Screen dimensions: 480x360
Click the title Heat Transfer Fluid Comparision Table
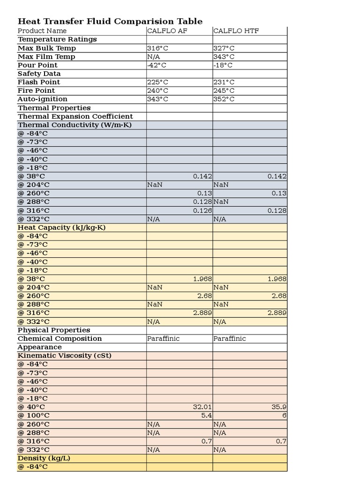click(x=110, y=21)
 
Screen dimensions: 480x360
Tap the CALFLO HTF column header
click(x=236, y=31)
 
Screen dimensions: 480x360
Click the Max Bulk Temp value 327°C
click(x=224, y=48)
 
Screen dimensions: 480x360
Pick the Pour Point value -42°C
click(x=157, y=65)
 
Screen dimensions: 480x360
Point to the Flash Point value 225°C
click(x=157, y=82)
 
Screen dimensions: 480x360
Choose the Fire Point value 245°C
click(x=224, y=90)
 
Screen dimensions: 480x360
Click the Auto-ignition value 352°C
click(x=224, y=99)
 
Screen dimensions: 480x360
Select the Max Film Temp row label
click(x=46, y=57)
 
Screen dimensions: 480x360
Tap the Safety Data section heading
click(x=39, y=74)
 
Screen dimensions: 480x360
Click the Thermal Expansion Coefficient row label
click(x=75, y=116)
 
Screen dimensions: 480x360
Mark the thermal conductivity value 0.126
click(x=202, y=210)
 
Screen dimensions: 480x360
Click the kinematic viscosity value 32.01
click(x=202, y=407)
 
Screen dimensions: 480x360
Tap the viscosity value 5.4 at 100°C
click(x=207, y=415)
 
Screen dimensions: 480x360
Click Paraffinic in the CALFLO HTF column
click(x=230, y=338)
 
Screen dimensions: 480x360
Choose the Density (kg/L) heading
click(x=44, y=458)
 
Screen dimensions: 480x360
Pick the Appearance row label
click(x=39, y=347)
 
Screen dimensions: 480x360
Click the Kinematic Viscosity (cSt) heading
click(x=64, y=355)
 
